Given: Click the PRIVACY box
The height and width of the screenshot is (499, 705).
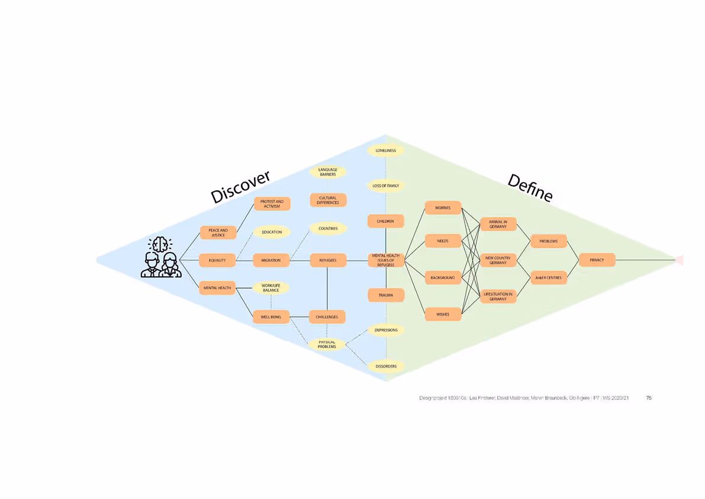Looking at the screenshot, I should [x=597, y=260].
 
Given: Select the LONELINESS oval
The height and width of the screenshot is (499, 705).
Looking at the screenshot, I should [x=385, y=151].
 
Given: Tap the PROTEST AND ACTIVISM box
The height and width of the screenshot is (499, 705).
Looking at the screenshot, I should [x=272, y=204].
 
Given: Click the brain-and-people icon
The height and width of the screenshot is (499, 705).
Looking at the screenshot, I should [x=159, y=257].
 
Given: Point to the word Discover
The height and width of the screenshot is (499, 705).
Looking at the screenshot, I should [x=240, y=187].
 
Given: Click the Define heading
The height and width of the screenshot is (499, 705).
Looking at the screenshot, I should [x=530, y=187].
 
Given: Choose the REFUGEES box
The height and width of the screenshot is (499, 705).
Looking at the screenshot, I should [x=327, y=260].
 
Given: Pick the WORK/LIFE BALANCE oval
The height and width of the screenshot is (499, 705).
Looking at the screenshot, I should [x=271, y=288].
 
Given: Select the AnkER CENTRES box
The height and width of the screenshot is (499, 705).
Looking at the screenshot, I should [x=548, y=277].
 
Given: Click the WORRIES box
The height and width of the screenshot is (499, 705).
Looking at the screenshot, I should [x=443, y=208].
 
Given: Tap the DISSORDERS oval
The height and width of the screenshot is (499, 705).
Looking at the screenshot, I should [x=385, y=366].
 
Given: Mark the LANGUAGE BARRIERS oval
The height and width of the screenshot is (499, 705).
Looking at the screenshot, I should [x=327, y=172].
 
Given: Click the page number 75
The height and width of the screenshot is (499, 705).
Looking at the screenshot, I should [x=649, y=398].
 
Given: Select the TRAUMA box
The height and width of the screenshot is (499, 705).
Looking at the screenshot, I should [x=385, y=295].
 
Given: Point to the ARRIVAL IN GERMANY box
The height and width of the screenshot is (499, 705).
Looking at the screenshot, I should [x=498, y=225].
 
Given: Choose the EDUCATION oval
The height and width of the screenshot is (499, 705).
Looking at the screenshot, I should [x=272, y=232].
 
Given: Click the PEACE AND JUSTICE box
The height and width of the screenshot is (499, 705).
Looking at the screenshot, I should [x=218, y=232].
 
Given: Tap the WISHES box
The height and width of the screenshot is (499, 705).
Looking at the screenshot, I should [x=443, y=315].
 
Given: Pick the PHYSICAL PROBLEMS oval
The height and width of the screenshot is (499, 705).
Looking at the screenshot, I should [x=327, y=344].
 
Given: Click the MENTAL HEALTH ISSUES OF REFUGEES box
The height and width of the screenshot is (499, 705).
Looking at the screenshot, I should [x=385, y=260].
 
